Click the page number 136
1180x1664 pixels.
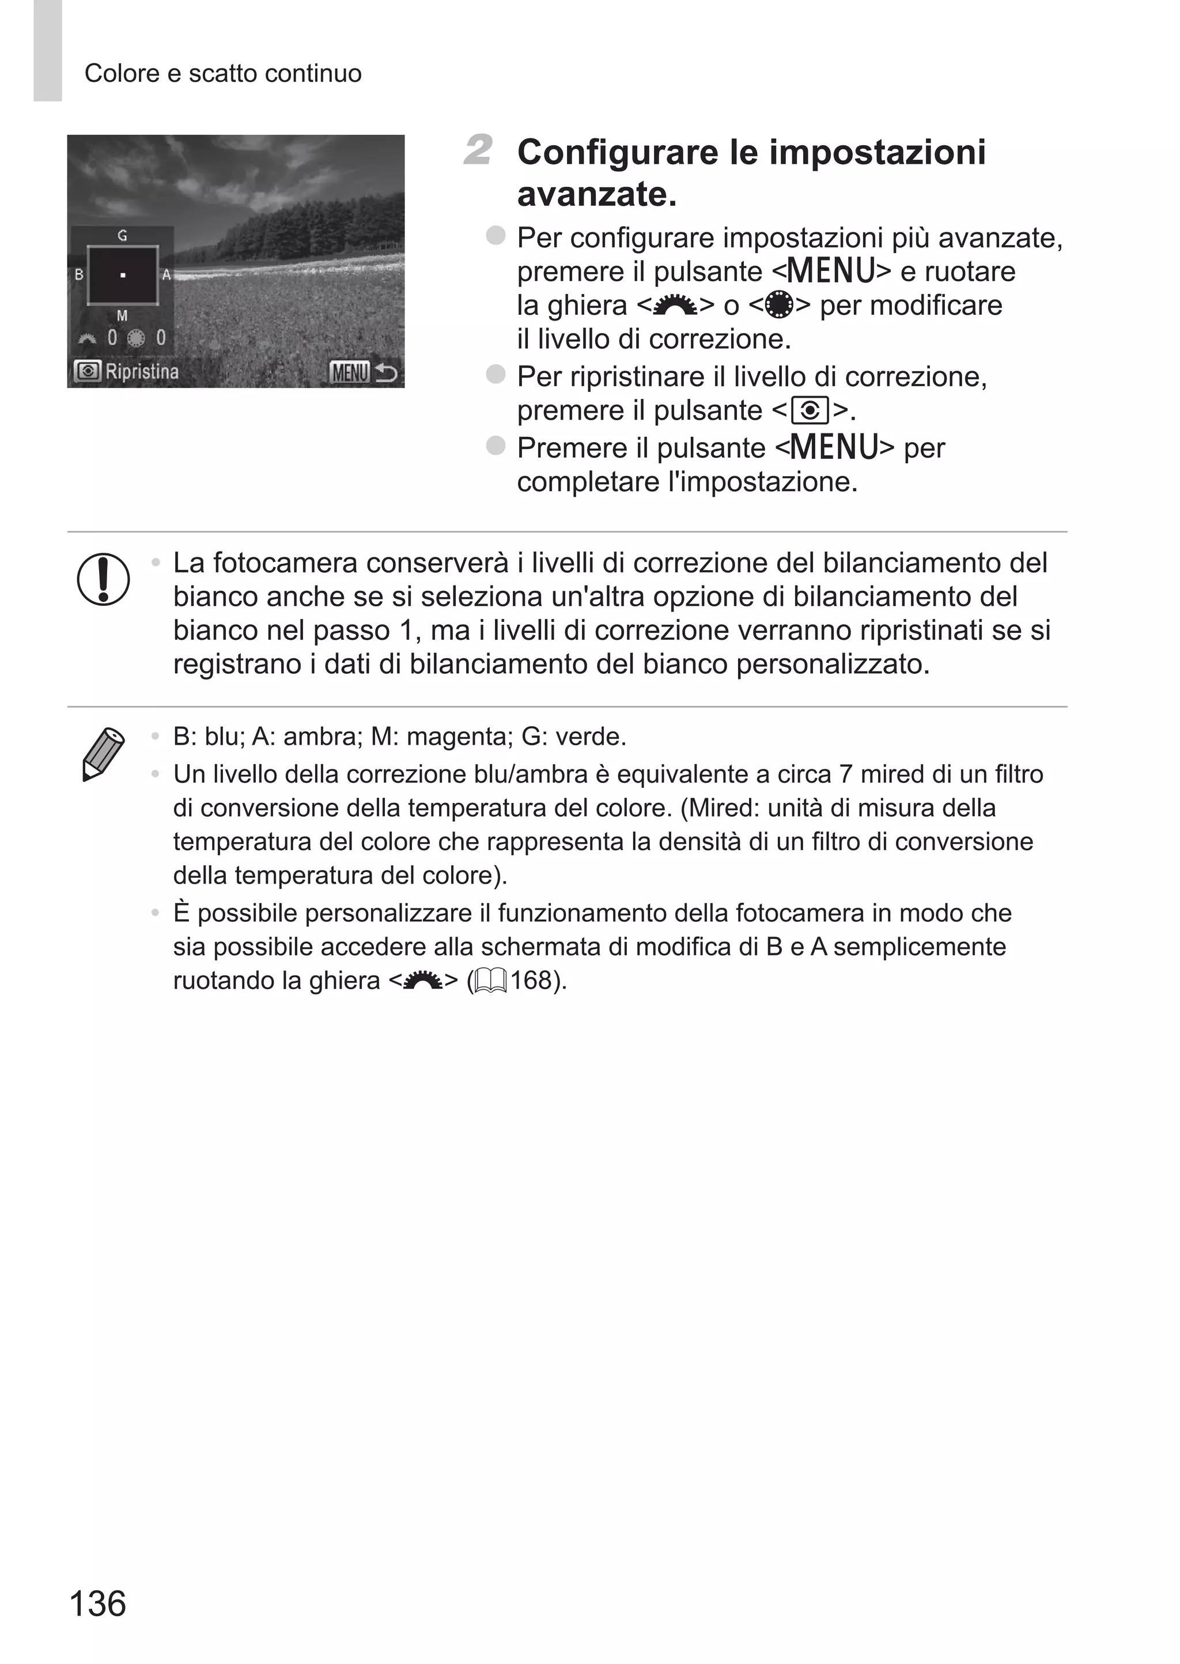point(97,1603)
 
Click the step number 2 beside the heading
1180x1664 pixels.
point(478,150)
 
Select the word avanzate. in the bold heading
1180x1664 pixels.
point(596,194)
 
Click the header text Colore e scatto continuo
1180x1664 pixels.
point(223,73)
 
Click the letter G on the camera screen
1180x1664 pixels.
point(122,235)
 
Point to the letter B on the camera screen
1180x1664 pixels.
point(78,276)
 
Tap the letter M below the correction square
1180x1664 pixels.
point(122,315)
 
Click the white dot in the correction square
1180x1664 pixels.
point(123,276)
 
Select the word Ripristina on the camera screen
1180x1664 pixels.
point(142,372)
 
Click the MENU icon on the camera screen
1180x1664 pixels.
point(350,372)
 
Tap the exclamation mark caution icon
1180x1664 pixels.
point(103,579)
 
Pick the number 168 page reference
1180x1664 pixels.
point(531,980)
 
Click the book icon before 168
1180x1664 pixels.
point(490,982)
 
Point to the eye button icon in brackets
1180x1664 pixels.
point(810,412)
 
